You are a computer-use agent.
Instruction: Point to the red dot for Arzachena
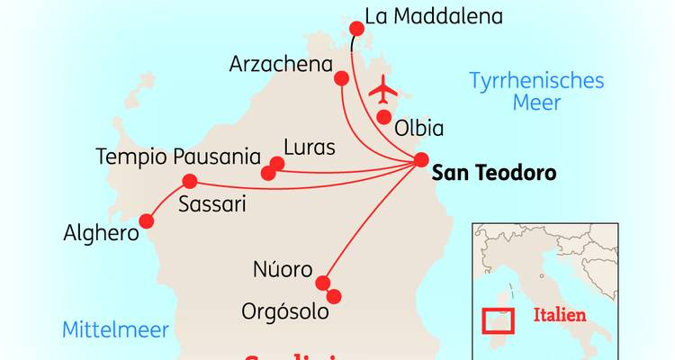pyautogui.click(x=341, y=78)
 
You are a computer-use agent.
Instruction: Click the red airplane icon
pyautogui.click(x=385, y=90)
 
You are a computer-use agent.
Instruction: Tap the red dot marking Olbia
pyautogui.click(x=383, y=116)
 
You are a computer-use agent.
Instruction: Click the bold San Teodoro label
pyautogui.click(x=494, y=172)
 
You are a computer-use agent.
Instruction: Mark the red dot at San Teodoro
pyautogui.click(x=421, y=160)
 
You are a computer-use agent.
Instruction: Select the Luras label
pyautogui.click(x=309, y=147)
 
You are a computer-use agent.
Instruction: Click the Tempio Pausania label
pyautogui.click(x=178, y=157)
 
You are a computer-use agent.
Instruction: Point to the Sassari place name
pyautogui.click(x=211, y=203)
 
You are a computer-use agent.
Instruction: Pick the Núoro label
pyautogui.click(x=283, y=270)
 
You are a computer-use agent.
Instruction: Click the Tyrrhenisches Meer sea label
pyautogui.click(x=536, y=91)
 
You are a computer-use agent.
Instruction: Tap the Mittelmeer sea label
pyautogui.click(x=115, y=330)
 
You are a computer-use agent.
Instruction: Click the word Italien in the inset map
pyautogui.click(x=560, y=316)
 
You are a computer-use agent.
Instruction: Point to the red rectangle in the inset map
pyautogui.click(x=498, y=319)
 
